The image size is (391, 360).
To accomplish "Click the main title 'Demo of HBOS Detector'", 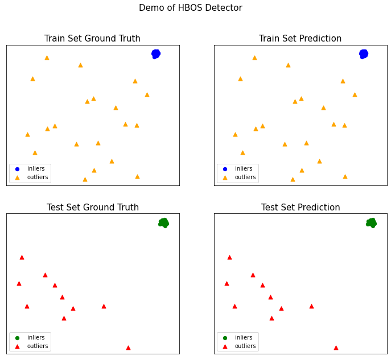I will coord(190,8).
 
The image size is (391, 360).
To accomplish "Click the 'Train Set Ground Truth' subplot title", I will coord(92,39).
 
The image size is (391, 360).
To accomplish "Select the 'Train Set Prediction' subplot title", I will coord(300,39).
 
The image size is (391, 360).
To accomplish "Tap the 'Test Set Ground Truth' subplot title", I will coord(92,208).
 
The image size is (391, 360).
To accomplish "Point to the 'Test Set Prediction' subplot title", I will coord(300,208).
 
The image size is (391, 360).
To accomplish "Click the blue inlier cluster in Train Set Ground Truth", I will coord(155,54).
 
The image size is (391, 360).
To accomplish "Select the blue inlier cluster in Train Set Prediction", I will coord(363,54).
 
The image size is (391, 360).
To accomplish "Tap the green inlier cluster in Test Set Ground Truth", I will coord(163,223).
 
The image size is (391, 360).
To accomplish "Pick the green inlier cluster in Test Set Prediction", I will coord(371,223).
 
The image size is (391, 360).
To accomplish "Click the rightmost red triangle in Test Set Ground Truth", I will coord(128,347).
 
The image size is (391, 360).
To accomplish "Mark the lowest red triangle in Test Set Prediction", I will coord(336,347).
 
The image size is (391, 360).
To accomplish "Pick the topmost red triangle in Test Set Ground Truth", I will coord(22,257).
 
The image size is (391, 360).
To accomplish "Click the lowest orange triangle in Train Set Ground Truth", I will coord(85,179).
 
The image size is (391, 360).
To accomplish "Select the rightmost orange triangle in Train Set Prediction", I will coord(355,94).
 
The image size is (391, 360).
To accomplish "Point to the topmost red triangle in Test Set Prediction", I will coord(229,257).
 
